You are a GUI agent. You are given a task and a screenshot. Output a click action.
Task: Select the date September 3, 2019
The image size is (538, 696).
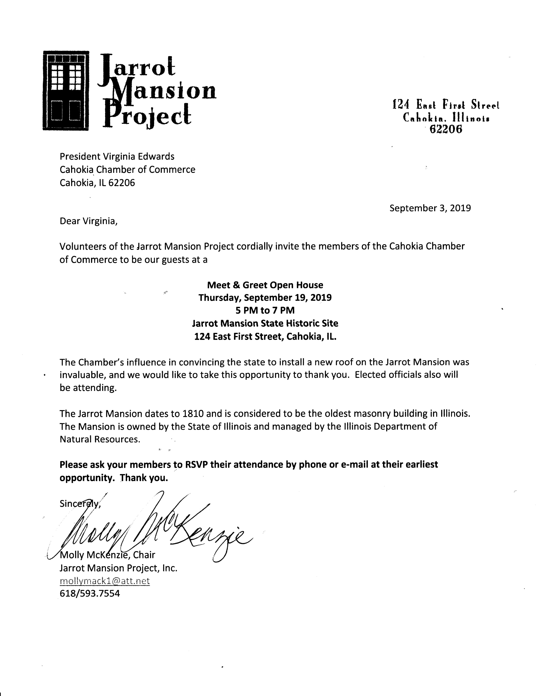pos(430,208)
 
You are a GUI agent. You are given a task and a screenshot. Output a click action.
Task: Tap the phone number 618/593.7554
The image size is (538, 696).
pos(90,593)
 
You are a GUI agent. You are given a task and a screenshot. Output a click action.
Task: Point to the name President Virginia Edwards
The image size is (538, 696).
pos(117,156)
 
